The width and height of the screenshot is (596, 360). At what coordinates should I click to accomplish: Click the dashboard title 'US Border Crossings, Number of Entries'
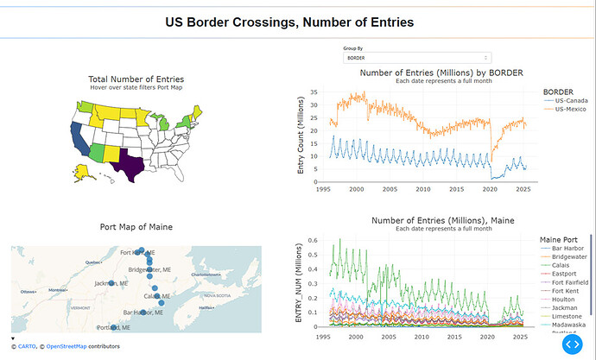click(289, 21)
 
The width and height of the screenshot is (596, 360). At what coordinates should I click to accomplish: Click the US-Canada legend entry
click(573, 100)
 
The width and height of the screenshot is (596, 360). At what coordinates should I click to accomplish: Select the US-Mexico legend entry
click(573, 109)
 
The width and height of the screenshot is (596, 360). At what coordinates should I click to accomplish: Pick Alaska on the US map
click(86, 173)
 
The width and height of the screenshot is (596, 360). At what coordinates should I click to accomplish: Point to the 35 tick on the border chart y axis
click(314, 92)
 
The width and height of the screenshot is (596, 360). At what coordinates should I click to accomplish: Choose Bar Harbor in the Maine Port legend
click(568, 249)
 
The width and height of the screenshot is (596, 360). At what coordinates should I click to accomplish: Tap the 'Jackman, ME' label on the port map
click(111, 283)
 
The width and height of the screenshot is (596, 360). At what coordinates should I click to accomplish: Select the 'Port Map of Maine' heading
click(136, 227)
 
